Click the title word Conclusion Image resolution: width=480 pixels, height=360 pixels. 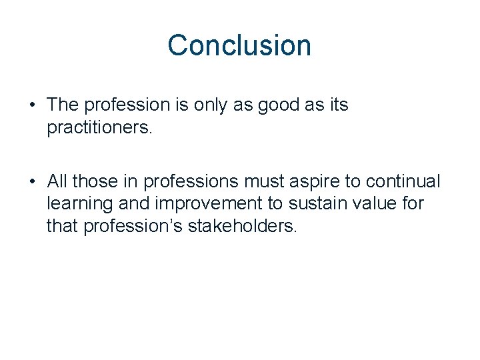coord(239,45)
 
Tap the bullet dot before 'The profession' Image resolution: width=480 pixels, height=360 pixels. coord(33,105)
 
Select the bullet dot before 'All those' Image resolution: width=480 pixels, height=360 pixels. coord(33,181)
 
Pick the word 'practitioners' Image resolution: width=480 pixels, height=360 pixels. coord(99,127)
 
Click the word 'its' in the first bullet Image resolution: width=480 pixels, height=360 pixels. coord(339,105)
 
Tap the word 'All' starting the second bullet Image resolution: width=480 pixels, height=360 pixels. coord(57,181)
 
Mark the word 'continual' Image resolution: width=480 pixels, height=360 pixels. coord(407,181)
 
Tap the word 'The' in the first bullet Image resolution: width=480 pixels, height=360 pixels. coord(62,105)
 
